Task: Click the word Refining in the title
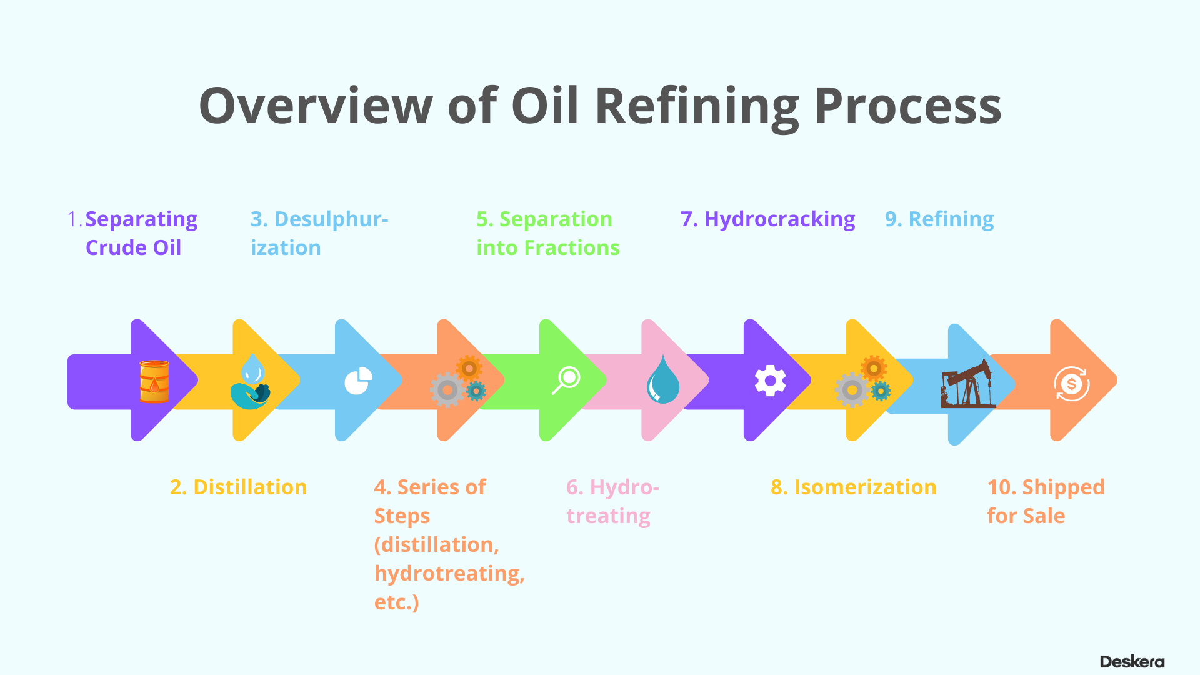(697, 106)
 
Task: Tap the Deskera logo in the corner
(1132, 662)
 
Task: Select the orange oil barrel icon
(154, 381)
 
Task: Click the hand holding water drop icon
(251, 382)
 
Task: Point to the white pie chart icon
(358, 381)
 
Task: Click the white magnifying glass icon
(566, 381)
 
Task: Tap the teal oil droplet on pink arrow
(662, 380)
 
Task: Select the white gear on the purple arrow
(770, 381)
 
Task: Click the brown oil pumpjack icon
(967, 384)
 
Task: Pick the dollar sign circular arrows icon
(1071, 384)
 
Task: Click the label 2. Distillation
(238, 487)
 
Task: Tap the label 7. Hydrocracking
(767, 219)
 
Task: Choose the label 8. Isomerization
(853, 487)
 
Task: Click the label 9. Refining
(939, 219)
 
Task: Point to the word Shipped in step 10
(1063, 487)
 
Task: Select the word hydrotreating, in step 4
(449, 573)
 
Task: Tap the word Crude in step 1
(116, 247)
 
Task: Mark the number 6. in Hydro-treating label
(574, 487)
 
